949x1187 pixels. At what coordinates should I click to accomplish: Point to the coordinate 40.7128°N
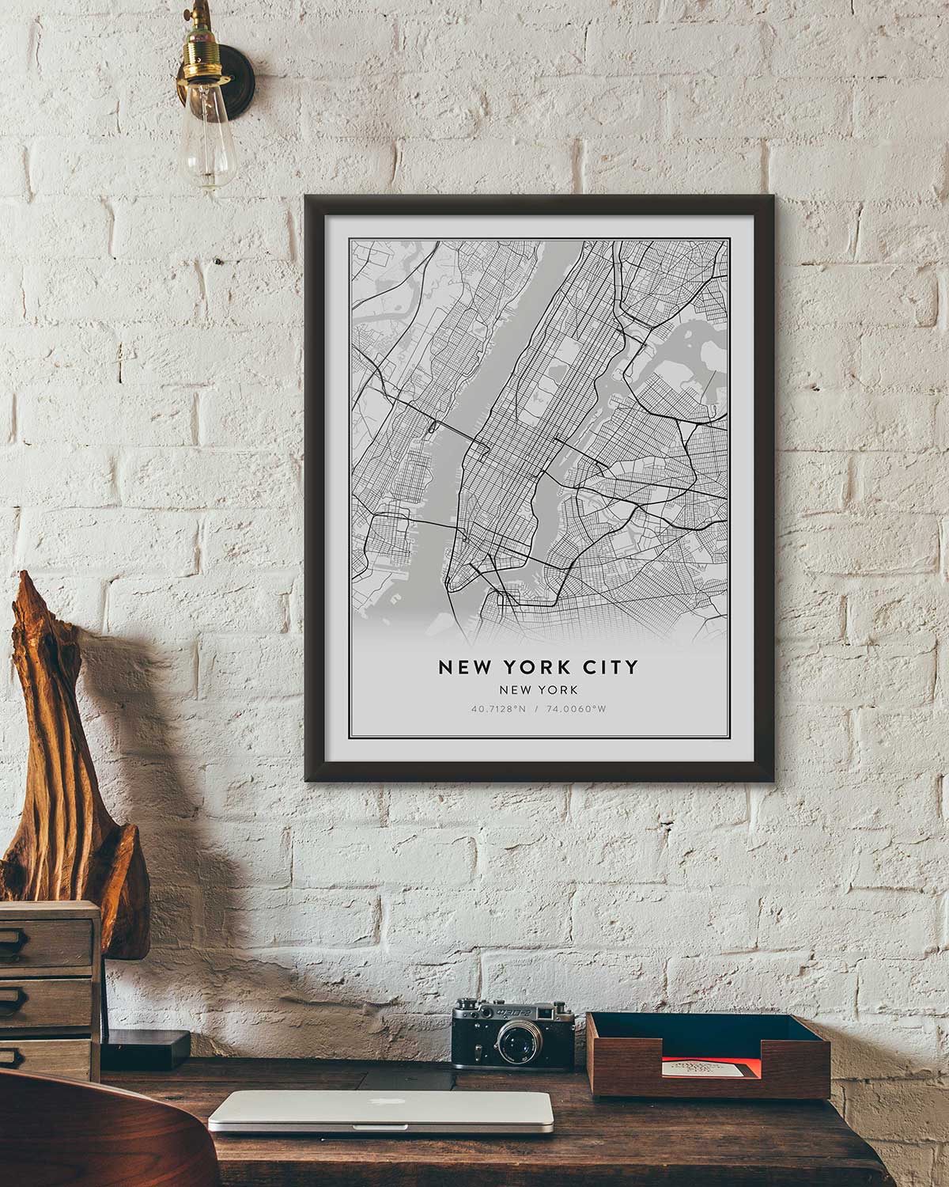498,708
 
